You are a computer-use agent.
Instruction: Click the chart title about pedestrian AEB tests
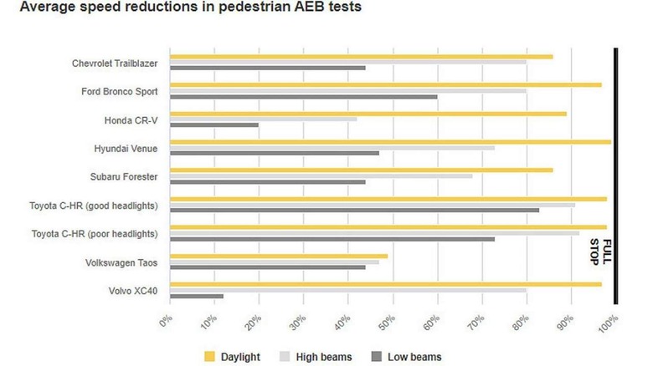tap(181, 9)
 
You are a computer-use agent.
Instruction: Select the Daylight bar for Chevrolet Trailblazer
tap(361, 56)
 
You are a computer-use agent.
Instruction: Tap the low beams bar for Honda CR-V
tap(214, 125)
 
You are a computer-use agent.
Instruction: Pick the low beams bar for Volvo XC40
tap(197, 297)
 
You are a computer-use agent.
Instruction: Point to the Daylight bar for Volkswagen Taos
tap(279, 256)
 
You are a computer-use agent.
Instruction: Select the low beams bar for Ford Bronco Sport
tap(303, 97)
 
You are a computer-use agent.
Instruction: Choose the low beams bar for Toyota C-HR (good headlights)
tap(354, 211)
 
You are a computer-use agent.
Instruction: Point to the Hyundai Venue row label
tap(132, 148)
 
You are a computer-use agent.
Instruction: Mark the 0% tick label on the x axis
tap(167, 320)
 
